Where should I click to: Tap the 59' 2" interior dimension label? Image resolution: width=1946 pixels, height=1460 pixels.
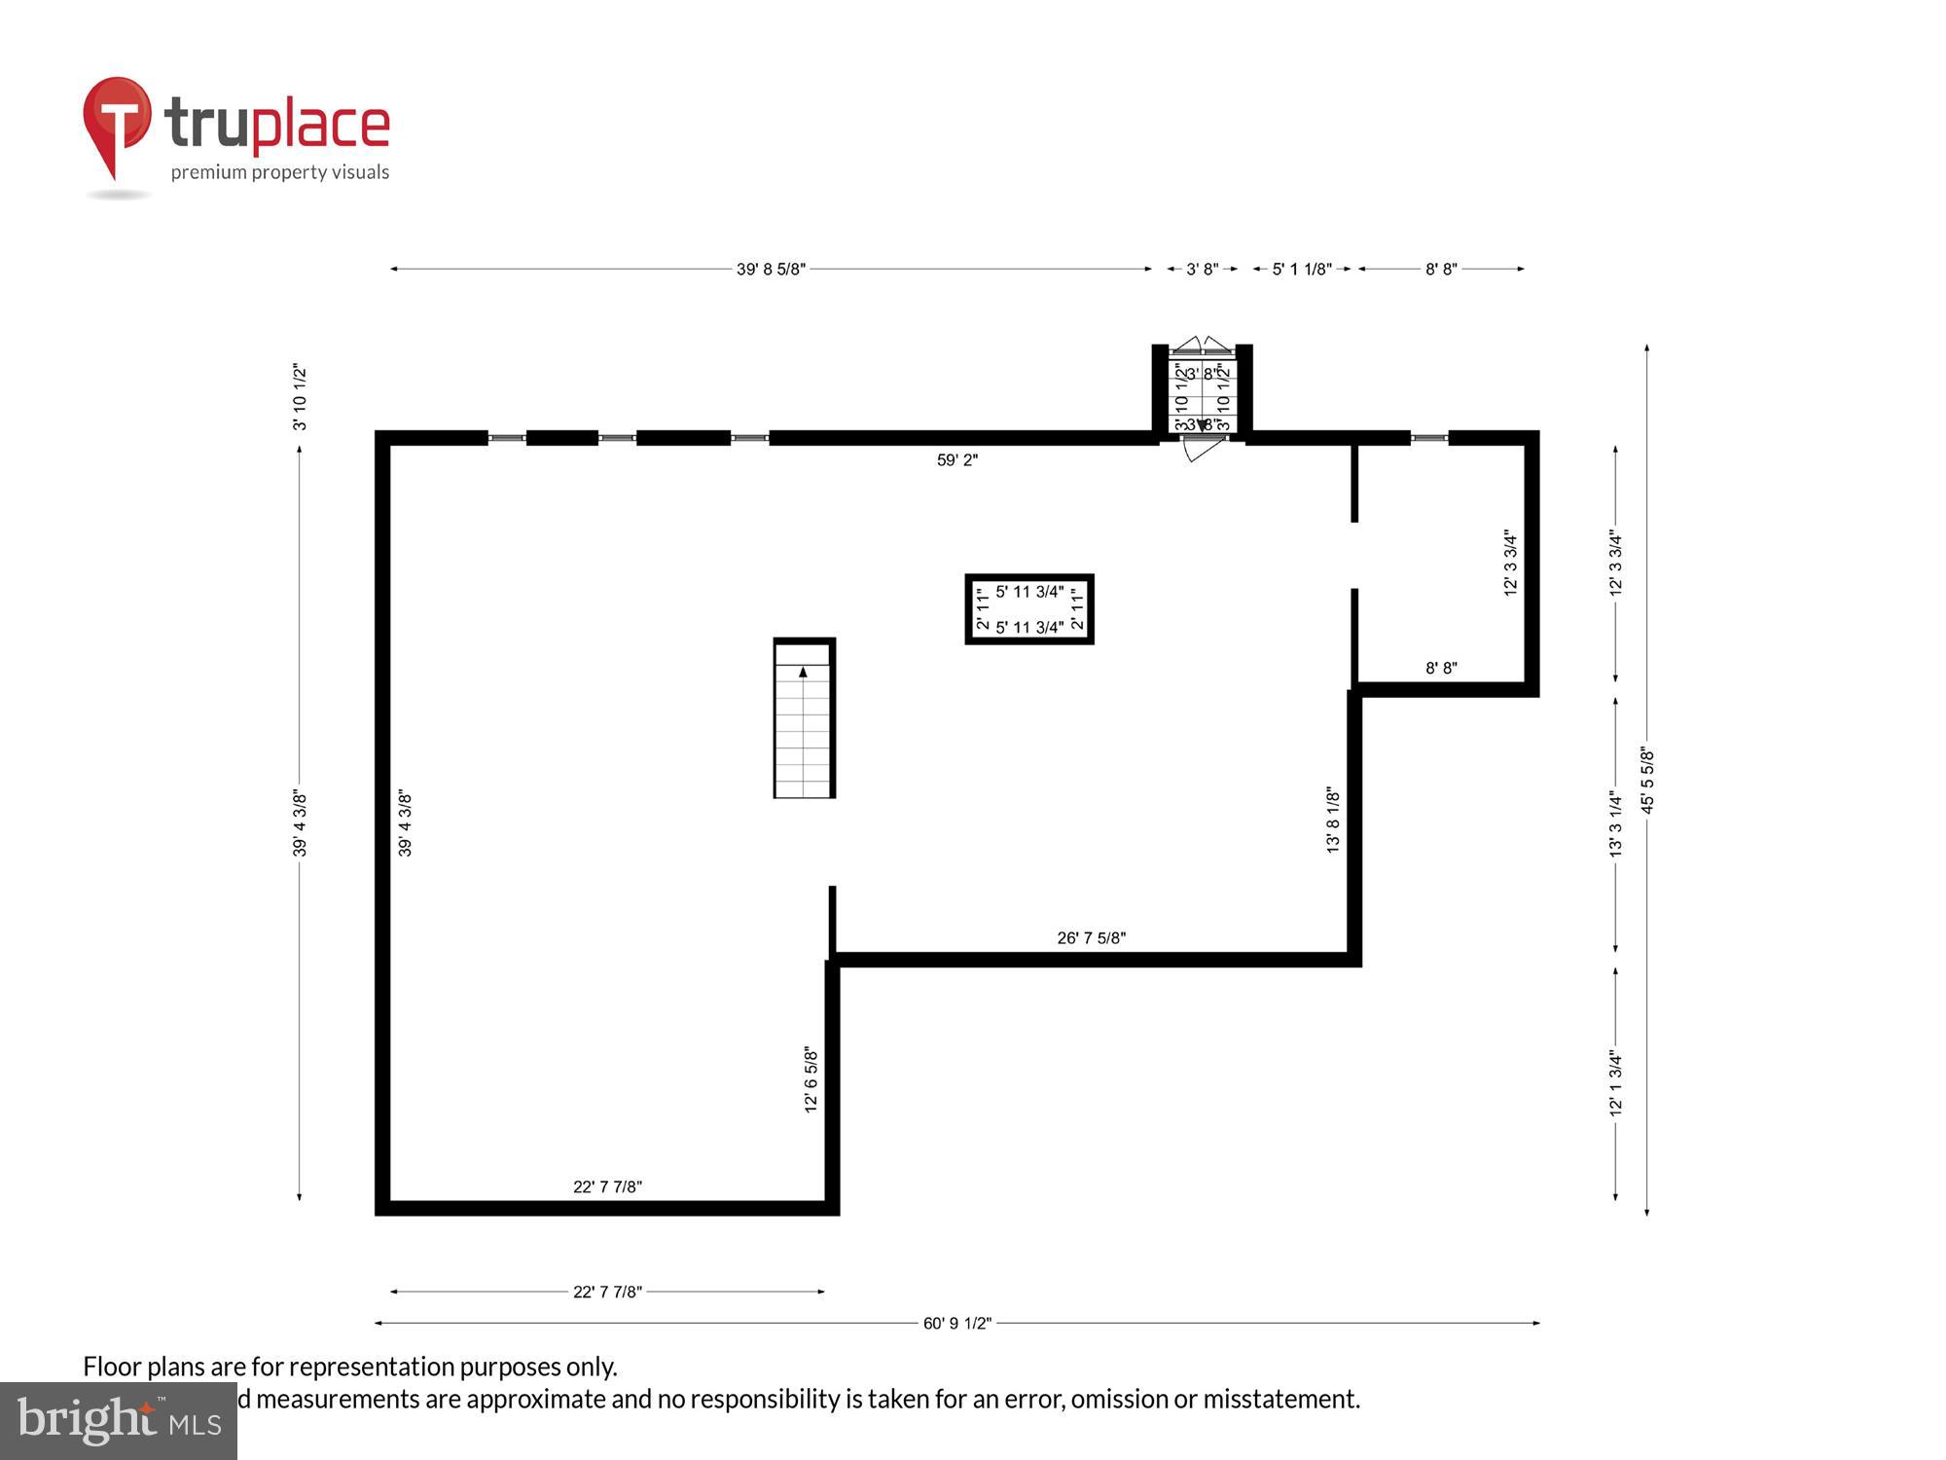[957, 460]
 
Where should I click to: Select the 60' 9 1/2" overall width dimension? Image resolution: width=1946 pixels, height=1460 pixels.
[957, 1323]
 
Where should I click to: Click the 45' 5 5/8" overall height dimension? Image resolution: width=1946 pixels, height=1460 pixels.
[1647, 780]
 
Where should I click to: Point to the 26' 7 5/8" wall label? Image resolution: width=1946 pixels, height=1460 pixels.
[1092, 938]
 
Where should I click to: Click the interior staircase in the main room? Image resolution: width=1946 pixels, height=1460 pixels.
[804, 720]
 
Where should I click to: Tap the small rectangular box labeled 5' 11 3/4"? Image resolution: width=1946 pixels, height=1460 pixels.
[1029, 609]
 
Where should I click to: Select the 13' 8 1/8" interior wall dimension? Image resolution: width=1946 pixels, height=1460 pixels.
[1333, 821]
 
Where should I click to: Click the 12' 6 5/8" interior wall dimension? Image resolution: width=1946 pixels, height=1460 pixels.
[811, 1078]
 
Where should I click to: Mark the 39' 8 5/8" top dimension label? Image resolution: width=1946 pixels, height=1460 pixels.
[771, 270]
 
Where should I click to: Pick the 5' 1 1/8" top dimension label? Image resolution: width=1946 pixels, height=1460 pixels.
[1302, 270]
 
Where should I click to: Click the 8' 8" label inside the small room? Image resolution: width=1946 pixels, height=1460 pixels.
[1441, 668]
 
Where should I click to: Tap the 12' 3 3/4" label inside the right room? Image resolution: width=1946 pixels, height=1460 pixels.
[1510, 563]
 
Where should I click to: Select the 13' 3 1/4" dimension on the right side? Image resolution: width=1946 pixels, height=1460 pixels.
[1615, 822]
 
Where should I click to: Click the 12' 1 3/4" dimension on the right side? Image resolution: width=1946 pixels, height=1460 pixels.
[1615, 1081]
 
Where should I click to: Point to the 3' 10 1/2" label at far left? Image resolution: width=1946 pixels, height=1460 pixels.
[300, 397]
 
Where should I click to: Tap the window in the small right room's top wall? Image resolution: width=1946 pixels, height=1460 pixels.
[1429, 439]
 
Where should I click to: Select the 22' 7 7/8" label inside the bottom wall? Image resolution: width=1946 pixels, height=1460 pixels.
[607, 1186]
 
